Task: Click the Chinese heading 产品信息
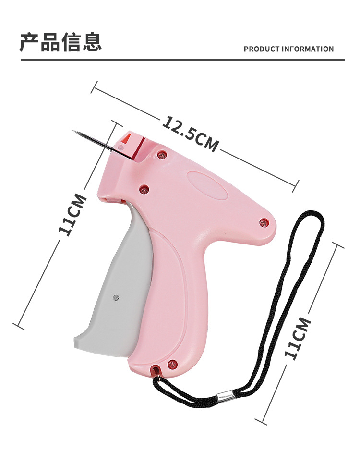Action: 61,42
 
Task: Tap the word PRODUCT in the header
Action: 262,49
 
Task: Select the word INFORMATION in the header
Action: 308,49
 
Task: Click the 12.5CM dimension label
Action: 191,134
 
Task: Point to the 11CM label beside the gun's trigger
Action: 72,215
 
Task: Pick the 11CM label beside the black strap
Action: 298,338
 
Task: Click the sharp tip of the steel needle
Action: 73,131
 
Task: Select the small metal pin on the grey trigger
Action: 116,297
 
